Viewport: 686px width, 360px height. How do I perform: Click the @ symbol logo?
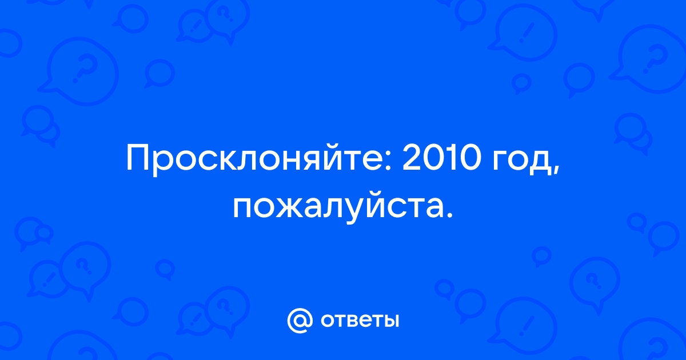click(x=300, y=321)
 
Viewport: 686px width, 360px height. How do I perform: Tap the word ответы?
click(x=360, y=321)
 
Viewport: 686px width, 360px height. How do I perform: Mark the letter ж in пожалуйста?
click(x=287, y=209)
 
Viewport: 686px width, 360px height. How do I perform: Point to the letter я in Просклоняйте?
click(x=309, y=161)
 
